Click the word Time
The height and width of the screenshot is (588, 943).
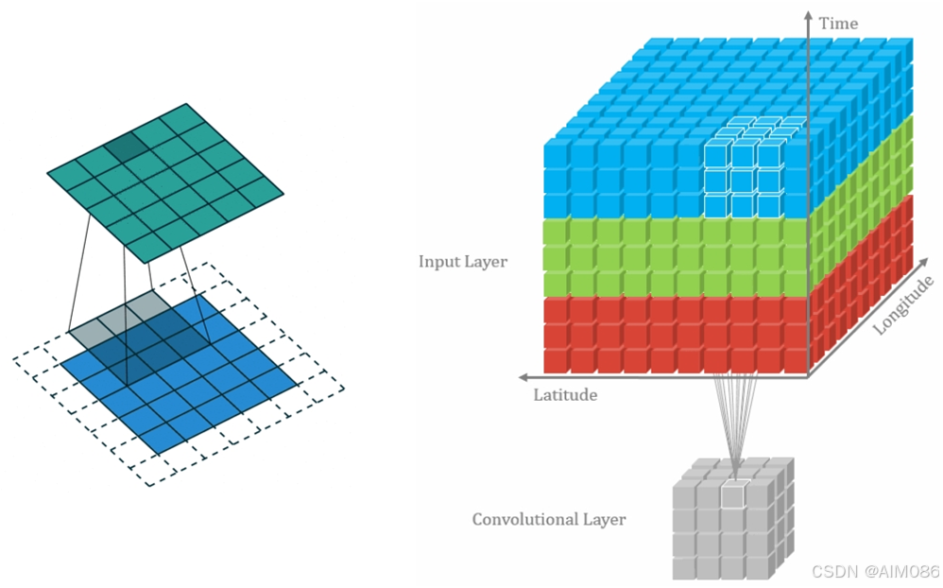point(838,23)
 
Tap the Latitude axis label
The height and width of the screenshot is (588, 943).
point(565,394)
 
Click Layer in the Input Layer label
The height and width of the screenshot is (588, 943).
point(488,261)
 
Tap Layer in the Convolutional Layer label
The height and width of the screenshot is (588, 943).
point(605,519)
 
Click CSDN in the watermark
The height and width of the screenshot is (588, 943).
point(832,572)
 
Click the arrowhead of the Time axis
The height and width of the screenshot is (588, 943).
point(808,16)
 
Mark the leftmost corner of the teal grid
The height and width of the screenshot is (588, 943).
point(48,172)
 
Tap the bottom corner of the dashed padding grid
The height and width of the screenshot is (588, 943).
point(150,485)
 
